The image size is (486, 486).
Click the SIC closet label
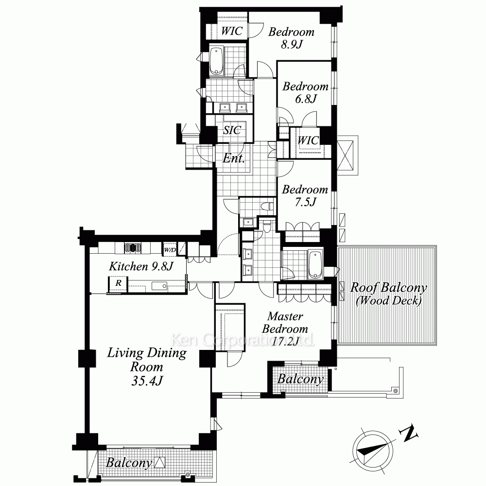coord(232,130)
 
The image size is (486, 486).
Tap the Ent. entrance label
coord(234,158)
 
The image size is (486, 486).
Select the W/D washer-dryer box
coord(170,250)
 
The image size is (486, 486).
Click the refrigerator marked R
coord(118,283)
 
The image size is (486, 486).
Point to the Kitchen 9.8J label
coord(141,266)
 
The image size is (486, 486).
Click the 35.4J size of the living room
coord(147,381)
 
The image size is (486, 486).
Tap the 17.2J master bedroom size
coord(285,341)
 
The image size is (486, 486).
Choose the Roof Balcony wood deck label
coord(389,294)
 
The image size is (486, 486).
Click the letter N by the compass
coord(409,433)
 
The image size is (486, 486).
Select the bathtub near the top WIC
coord(216,61)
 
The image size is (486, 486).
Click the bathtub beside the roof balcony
coord(315,265)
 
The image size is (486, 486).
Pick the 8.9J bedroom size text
coord(292,45)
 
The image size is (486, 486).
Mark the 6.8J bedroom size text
coord(306,99)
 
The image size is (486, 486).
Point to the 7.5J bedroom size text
coord(306,202)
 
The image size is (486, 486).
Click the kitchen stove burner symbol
coord(133,248)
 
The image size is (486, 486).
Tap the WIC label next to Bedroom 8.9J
coord(231,31)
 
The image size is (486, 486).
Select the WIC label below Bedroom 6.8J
coord(308,140)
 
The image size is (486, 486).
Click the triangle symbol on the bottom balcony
coord(160,462)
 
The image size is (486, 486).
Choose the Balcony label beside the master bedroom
coord(300,379)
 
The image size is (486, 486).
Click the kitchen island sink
coord(159,286)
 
